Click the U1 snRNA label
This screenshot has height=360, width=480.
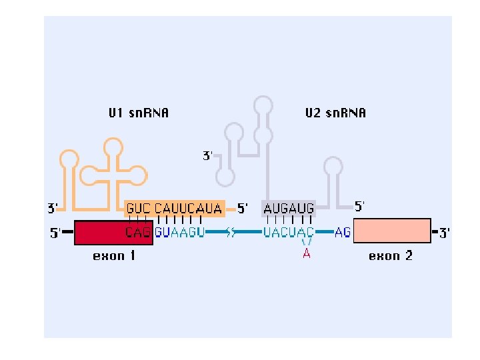[x=139, y=113]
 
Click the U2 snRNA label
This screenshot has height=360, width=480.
[x=335, y=113]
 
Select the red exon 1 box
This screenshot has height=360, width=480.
[x=100, y=232]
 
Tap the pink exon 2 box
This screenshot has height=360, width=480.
[x=391, y=231]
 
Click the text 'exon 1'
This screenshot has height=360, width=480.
[x=113, y=256]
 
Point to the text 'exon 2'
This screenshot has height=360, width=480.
[x=391, y=256]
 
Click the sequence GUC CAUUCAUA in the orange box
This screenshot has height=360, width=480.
[x=175, y=208]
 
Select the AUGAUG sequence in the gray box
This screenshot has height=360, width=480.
[x=289, y=208]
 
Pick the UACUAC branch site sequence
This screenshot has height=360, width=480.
[x=289, y=232]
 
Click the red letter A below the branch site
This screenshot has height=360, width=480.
[x=307, y=253]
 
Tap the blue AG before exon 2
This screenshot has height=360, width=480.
[x=343, y=232]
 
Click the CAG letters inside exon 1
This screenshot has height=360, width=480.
[x=139, y=232]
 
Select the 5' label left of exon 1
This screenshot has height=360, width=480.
[x=55, y=233]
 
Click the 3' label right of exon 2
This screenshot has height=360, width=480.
[x=445, y=233]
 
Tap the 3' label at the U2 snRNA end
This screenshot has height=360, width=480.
[x=207, y=156]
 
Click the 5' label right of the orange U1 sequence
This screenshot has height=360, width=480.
[x=243, y=208]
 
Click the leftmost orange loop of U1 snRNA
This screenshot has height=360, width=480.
[x=69, y=159]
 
